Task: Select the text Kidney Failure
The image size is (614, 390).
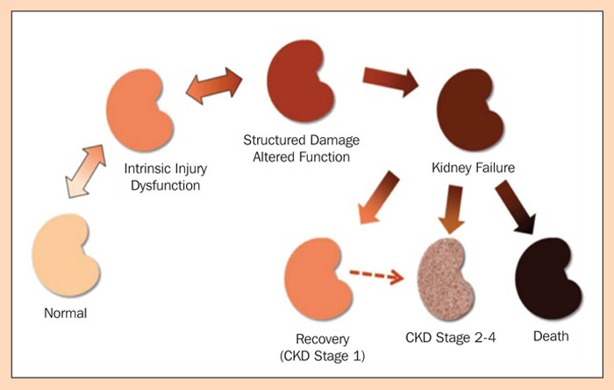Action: (x=467, y=165)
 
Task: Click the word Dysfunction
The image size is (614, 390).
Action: (x=169, y=186)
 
